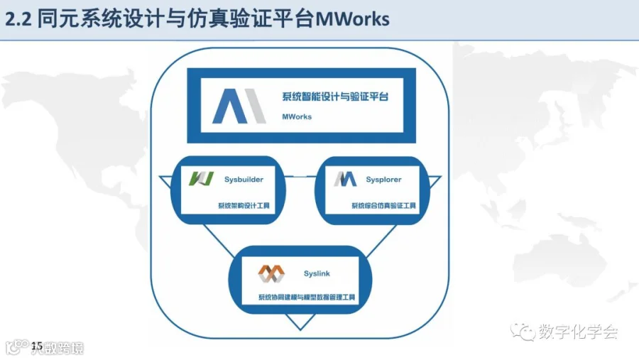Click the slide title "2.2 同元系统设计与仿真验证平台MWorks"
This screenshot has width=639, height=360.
[x=198, y=19]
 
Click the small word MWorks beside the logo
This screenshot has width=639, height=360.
[x=297, y=116]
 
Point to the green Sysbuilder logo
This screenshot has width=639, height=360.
[x=201, y=179]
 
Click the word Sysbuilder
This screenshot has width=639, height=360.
[x=244, y=180]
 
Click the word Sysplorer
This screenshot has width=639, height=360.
[x=384, y=180]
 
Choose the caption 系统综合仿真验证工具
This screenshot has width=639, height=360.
[x=384, y=206]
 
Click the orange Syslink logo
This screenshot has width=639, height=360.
[x=271, y=273]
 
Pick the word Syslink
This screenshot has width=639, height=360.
[x=317, y=273]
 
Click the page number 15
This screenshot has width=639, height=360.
[x=37, y=344]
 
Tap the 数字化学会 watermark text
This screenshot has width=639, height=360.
[x=579, y=332]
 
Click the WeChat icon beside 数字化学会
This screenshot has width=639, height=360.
[x=525, y=332]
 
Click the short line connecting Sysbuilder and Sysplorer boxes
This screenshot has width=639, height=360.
[x=300, y=175]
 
